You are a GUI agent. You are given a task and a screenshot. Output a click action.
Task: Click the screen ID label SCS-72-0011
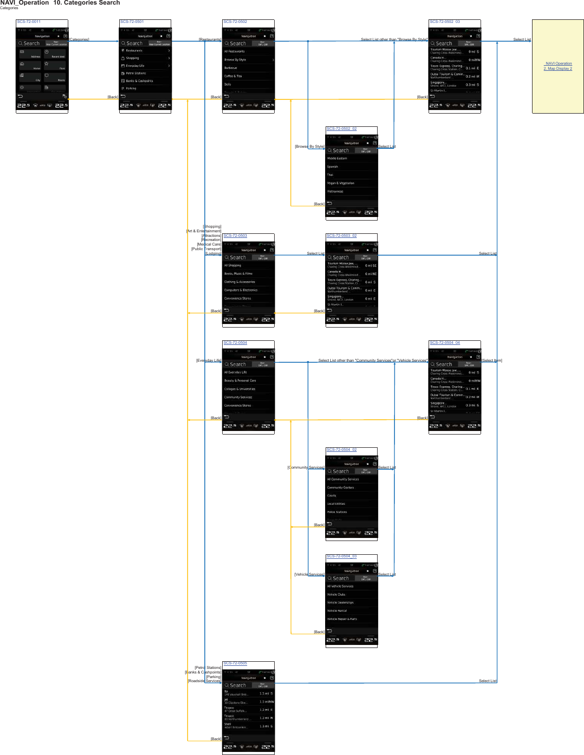click(29, 22)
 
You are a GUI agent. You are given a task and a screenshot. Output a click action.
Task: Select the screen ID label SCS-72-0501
click(132, 22)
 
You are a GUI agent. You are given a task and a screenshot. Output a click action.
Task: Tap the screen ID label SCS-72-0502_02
click(341, 129)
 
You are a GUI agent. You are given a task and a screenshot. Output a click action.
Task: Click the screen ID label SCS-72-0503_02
click(341, 236)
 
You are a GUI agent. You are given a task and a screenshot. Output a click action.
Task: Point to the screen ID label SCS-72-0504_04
click(444, 343)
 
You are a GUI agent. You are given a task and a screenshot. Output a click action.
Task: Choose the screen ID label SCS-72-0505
click(235, 663)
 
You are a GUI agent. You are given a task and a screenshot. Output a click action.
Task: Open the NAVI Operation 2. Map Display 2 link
click(558, 66)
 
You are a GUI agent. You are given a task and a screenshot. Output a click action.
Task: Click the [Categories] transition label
click(79, 39)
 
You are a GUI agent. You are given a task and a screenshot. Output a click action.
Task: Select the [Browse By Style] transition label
click(309, 146)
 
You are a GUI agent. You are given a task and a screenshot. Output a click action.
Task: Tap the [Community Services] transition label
click(306, 467)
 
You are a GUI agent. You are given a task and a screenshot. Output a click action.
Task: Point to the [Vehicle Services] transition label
click(309, 574)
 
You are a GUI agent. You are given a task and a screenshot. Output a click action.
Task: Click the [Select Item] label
click(492, 360)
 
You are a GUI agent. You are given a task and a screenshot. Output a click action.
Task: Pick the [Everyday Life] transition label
click(209, 360)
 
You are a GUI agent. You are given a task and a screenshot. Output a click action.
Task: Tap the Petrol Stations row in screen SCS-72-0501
click(136, 73)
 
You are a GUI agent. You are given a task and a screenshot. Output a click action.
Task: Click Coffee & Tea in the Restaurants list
click(233, 76)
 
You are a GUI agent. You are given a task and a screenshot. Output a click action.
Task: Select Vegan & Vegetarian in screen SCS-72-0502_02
click(341, 183)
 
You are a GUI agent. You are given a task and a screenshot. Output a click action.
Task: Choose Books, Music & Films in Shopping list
click(238, 274)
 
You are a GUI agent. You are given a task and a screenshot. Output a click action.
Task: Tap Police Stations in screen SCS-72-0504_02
click(337, 512)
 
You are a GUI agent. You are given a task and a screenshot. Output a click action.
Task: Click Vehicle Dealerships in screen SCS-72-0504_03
click(340, 603)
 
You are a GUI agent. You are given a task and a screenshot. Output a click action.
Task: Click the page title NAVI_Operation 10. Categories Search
click(60, 3)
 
